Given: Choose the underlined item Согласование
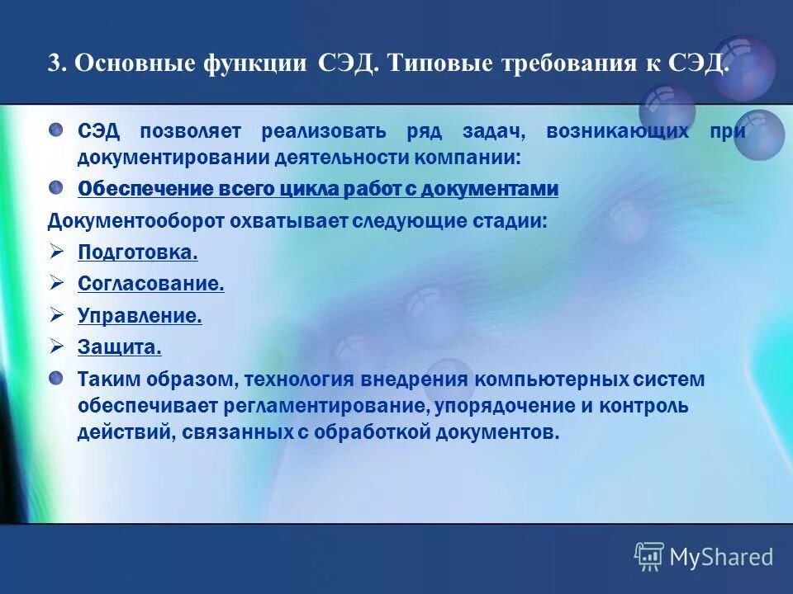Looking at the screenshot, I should pos(151,284).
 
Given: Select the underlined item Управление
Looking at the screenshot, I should pos(140,315).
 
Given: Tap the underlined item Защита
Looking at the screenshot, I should pos(120,347).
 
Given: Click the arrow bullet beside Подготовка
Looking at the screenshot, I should pos(56,252).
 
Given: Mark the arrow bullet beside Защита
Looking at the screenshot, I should pos(56,346).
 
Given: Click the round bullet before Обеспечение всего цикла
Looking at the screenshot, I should pos(55,187).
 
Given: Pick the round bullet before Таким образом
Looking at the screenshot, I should pos(55,379).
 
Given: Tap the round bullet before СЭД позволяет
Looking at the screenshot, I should pos(55,130).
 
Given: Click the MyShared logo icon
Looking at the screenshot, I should pos(648,557).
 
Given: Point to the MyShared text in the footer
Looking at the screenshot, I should pos(721,558).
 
